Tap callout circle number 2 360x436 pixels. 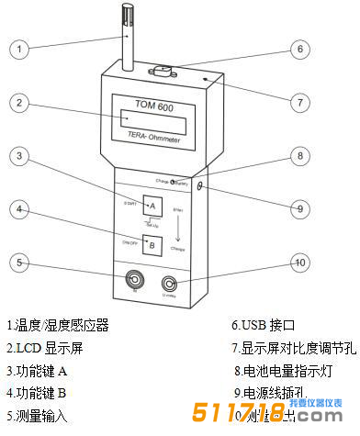click(21, 103)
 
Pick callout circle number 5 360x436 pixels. click(21, 263)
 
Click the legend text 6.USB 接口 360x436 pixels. click(264, 325)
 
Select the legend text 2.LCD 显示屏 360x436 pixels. click(47, 348)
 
